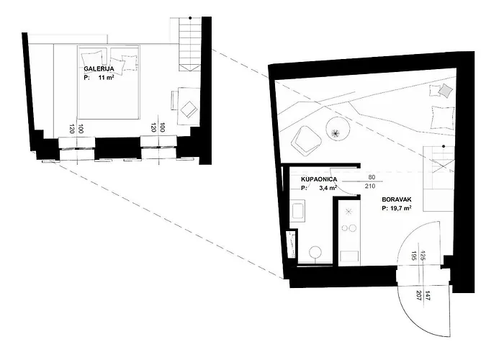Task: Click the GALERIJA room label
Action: coord(99,69)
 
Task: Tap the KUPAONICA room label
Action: coord(319,179)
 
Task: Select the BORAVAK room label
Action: coord(397,199)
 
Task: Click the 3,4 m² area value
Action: coord(328,188)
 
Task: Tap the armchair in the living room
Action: coord(307,138)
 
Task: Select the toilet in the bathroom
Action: coord(315,254)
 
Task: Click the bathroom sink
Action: coord(298,211)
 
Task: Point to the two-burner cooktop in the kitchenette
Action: coord(349,228)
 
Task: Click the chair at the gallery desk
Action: coord(189,109)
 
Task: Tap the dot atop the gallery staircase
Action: coord(190,18)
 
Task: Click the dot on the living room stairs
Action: coord(444,147)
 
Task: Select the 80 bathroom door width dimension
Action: coord(372,177)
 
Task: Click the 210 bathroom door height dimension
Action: coord(370,186)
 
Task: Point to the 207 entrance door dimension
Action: coord(418,295)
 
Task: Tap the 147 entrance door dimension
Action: coord(428,295)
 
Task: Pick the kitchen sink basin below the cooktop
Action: coord(349,256)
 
